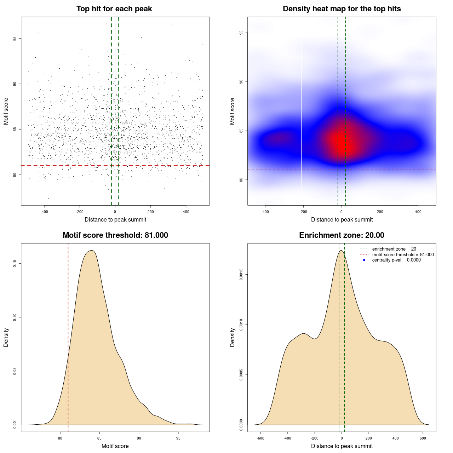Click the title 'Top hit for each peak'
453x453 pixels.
coord(114,9)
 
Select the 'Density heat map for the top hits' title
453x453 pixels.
coord(342,9)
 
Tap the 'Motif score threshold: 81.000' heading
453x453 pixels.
coord(115,235)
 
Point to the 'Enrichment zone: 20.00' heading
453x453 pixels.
coord(342,235)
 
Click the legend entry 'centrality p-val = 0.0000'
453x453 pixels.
coord(396,260)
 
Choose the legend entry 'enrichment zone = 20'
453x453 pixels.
coord(394,249)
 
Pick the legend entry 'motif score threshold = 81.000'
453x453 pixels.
coord(403,255)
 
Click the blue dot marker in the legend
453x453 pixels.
coord(364,260)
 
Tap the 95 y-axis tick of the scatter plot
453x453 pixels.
coord(15,39)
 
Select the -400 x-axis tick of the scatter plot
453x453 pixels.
coord(44,212)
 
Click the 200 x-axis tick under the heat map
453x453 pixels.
coord(380,212)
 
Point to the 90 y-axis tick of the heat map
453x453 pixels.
coord(241,82)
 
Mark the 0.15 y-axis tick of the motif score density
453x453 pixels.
coord(15,264)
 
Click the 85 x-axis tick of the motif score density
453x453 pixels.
coord(99,438)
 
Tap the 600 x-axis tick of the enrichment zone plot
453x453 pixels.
coord(423,438)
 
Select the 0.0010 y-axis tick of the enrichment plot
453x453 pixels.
coord(241,325)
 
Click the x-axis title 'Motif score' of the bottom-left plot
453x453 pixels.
coord(115,446)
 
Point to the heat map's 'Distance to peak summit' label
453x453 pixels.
coord(342,220)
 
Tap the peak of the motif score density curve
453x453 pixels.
coord(92,251)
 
